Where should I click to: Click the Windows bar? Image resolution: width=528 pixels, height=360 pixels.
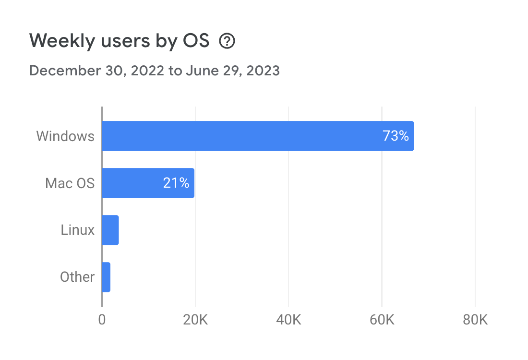pyautogui.click(x=240, y=136)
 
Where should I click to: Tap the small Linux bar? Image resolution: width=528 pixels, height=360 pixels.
pyautogui.click(x=110, y=230)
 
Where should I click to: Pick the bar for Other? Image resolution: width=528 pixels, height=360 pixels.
pyautogui.click(x=106, y=277)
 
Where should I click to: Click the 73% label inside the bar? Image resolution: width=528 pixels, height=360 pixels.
pyautogui.click(x=396, y=136)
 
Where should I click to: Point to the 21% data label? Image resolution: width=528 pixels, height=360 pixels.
pyautogui.click(x=176, y=183)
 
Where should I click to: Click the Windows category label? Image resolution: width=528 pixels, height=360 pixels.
pyautogui.click(x=65, y=136)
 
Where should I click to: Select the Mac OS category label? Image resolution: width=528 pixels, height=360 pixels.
pyautogui.click(x=70, y=183)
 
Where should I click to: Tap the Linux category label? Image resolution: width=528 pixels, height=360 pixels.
pyautogui.click(x=77, y=230)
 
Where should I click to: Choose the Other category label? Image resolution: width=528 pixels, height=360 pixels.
pyautogui.click(x=77, y=277)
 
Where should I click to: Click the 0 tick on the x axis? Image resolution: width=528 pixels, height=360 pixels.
pyautogui.click(x=102, y=320)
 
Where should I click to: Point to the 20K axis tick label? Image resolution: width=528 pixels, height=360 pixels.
pyautogui.click(x=195, y=320)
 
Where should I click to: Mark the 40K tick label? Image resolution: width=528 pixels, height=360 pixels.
pyautogui.click(x=288, y=320)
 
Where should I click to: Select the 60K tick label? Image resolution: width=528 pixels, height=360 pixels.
pyautogui.click(x=382, y=320)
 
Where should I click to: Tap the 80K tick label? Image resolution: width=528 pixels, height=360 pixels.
pyautogui.click(x=475, y=320)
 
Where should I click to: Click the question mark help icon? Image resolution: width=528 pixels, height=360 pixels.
pyautogui.click(x=227, y=42)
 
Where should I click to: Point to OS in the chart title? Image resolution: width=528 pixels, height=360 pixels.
pyautogui.click(x=196, y=42)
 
